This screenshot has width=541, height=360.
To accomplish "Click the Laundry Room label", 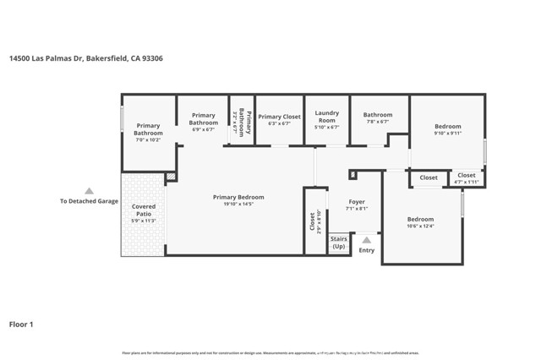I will (327, 117).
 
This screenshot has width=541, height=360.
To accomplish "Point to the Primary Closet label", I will (279, 117).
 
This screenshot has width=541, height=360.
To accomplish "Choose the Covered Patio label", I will (144, 210).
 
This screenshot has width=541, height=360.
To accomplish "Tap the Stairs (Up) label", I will (339, 242).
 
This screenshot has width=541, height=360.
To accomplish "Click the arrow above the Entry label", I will (366, 240).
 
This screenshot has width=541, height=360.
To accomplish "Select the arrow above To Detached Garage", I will (89, 191).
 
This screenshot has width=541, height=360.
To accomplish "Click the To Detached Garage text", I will (89, 201).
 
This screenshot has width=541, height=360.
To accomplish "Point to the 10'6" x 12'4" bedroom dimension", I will (420, 226).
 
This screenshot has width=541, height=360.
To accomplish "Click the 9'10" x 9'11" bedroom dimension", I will (448, 133).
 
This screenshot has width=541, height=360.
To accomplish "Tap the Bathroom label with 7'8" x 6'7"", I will (378, 115).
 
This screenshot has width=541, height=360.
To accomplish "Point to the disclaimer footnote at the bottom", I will (270, 352).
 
